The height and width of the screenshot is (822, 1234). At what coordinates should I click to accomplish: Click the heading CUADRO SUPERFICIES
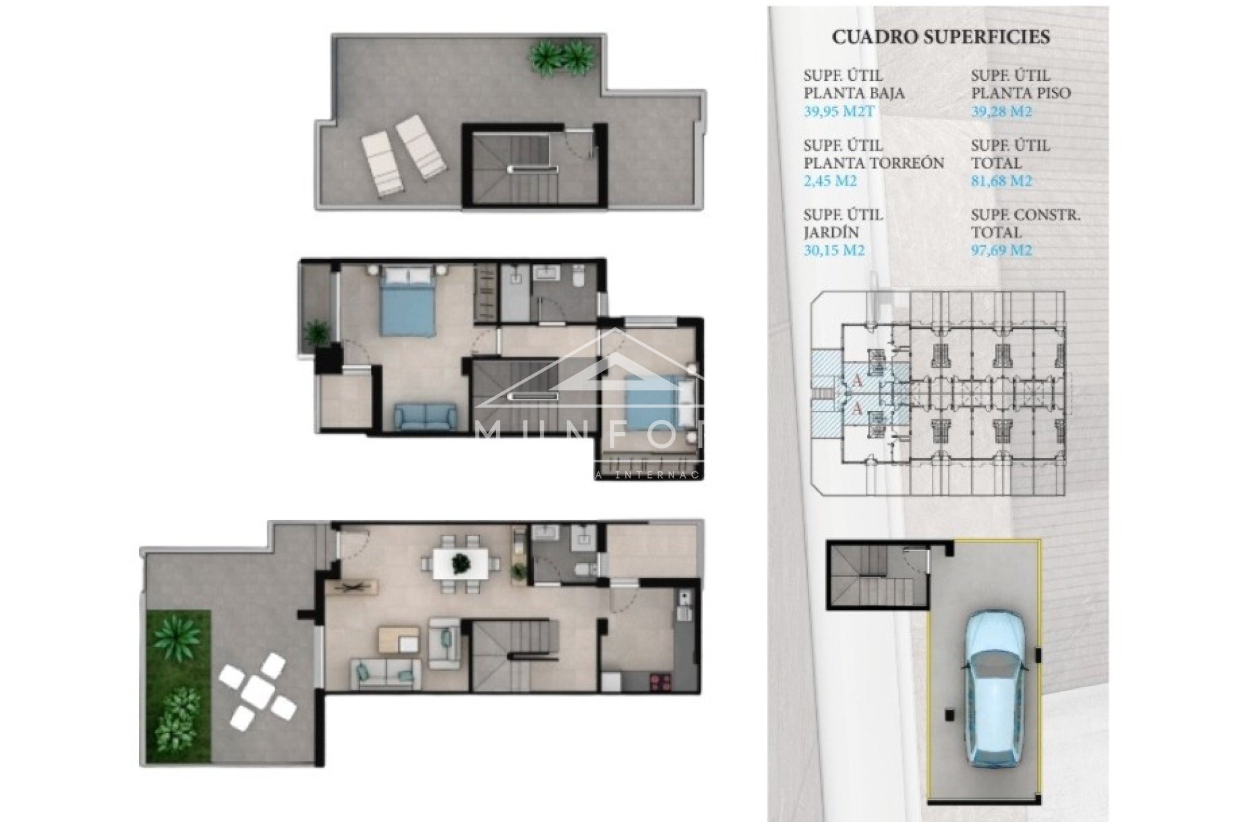940,37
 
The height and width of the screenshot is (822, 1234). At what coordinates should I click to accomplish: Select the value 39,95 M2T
839,112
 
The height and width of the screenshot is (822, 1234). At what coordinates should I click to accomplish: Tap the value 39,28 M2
1001,112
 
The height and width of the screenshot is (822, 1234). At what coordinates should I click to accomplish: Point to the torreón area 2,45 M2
830,181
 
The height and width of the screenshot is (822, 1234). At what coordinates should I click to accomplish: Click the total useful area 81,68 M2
1001,181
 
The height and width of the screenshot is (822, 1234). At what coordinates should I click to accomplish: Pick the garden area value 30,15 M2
834,250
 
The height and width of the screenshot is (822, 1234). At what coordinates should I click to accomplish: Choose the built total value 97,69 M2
1001,250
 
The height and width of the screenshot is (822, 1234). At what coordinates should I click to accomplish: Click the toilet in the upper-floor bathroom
578,277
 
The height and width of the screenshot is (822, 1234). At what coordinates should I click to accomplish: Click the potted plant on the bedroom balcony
314,332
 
